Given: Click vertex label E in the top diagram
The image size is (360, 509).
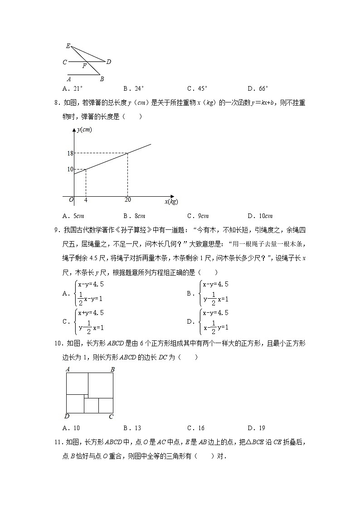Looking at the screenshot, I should pos(68,46).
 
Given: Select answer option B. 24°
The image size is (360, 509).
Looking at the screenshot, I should pos(133,89).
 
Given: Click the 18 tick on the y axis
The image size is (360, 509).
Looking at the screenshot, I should pos(70,153).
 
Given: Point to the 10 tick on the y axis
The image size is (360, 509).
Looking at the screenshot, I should pos(70,170).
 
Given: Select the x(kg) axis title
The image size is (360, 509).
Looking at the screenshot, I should pos(171,201).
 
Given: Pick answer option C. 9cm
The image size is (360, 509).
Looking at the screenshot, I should pos(198,216).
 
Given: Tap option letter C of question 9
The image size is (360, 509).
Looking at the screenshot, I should pos(65,322).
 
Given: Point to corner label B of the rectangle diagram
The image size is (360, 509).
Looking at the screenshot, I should pos(112,370).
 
